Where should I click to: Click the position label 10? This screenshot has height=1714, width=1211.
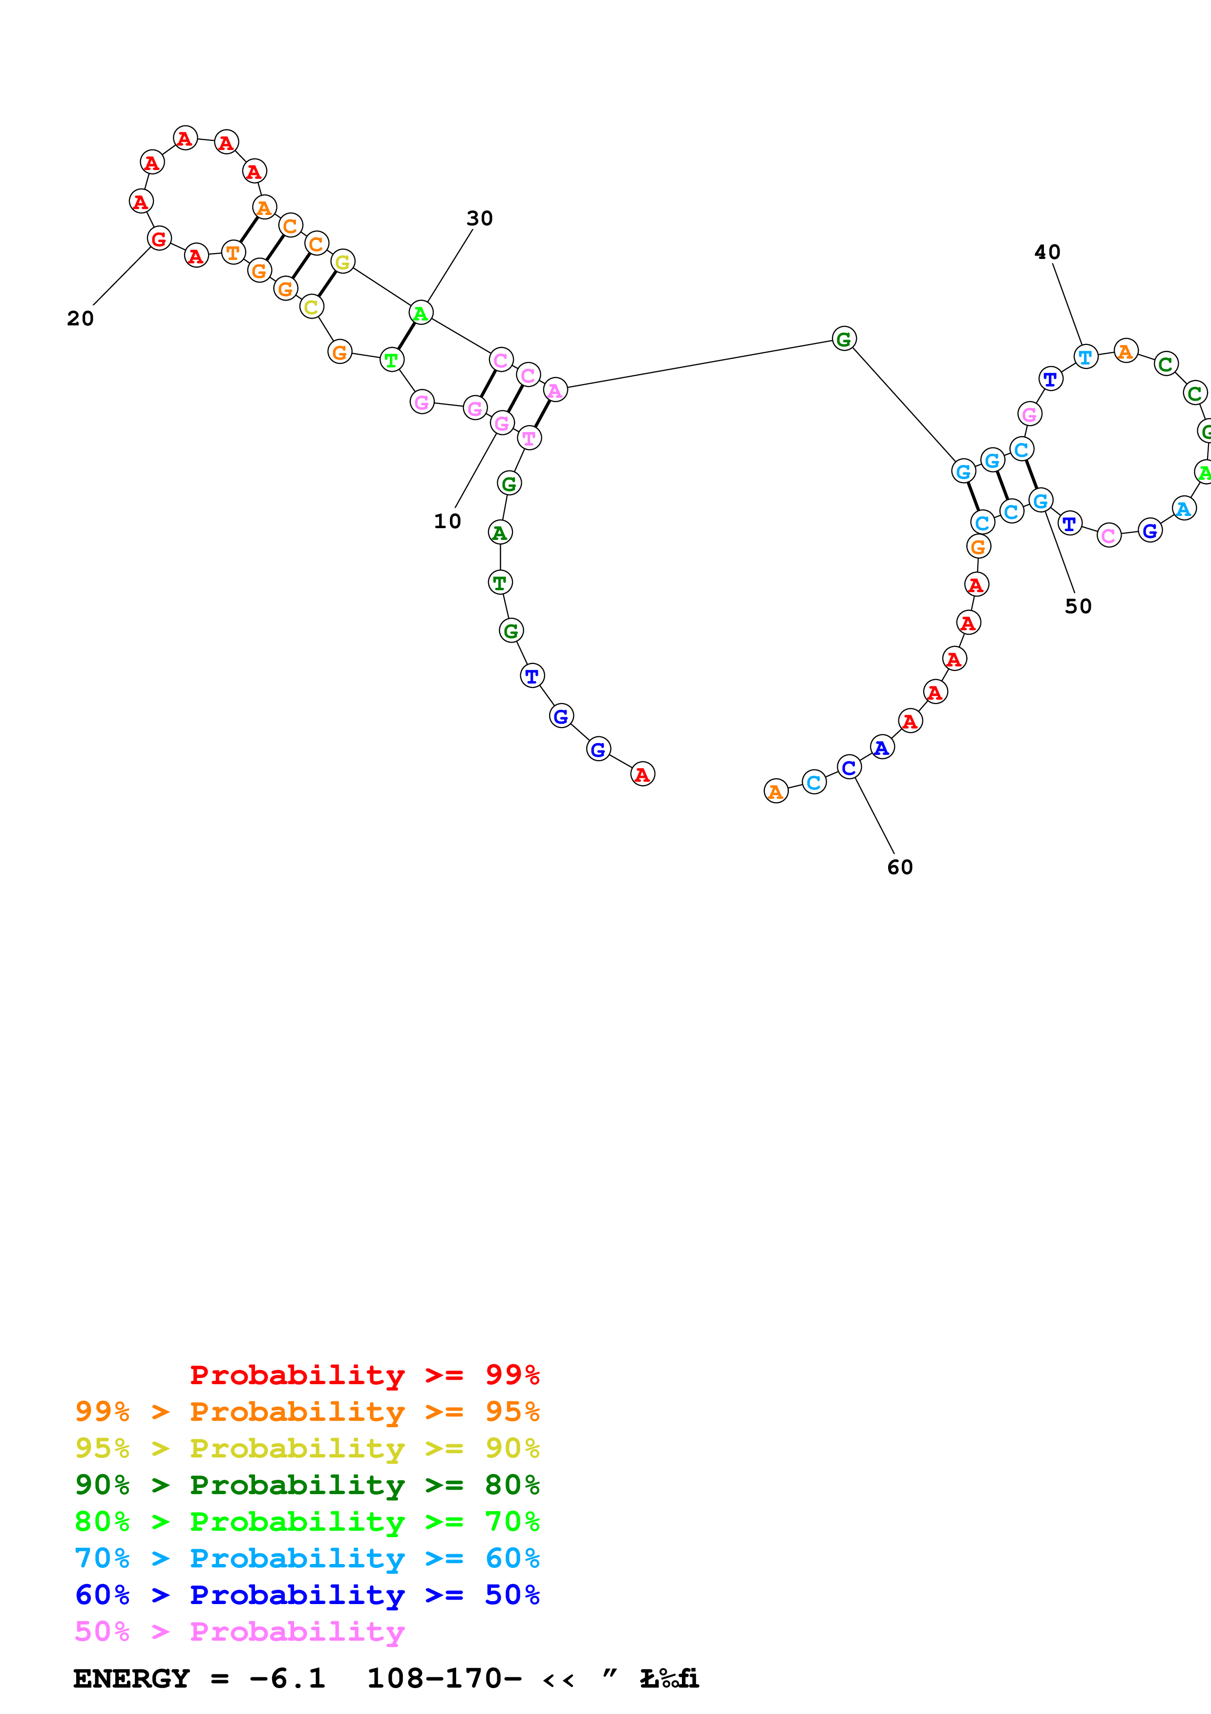click(447, 521)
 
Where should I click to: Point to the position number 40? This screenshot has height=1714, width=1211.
click(1047, 252)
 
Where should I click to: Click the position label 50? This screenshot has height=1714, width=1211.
click(1078, 606)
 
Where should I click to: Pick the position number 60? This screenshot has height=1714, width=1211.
click(899, 867)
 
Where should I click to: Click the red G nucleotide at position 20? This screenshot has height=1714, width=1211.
click(159, 239)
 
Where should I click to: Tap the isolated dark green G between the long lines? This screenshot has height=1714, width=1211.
click(844, 339)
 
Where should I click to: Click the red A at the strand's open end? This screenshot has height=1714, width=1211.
click(642, 774)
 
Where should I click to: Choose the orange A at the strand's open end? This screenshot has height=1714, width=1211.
click(776, 792)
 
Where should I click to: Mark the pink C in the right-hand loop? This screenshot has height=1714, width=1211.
click(1109, 535)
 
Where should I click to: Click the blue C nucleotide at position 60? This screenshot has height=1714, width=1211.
click(849, 768)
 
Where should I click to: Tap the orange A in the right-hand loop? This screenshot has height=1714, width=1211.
click(1125, 351)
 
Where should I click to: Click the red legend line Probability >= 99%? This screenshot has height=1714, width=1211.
click(364, 1375)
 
